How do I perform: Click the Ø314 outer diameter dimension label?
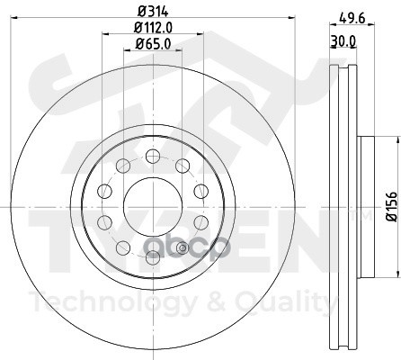click(153, 12)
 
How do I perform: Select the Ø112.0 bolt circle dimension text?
click(153, 28)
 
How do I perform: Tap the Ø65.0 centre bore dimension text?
click(153, 44)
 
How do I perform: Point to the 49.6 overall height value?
click(352, 19)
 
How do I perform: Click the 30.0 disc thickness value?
click(343, 40)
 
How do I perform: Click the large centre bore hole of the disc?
click(153, 207)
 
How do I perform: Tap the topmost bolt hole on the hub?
click(153, 157)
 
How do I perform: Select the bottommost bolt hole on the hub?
click(153, 257)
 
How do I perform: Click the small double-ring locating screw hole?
click(183, 247)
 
